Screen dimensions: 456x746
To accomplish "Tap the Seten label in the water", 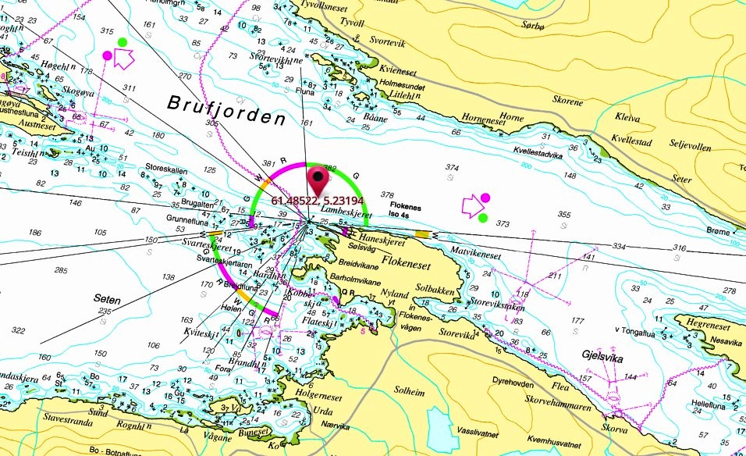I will [108, 297].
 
